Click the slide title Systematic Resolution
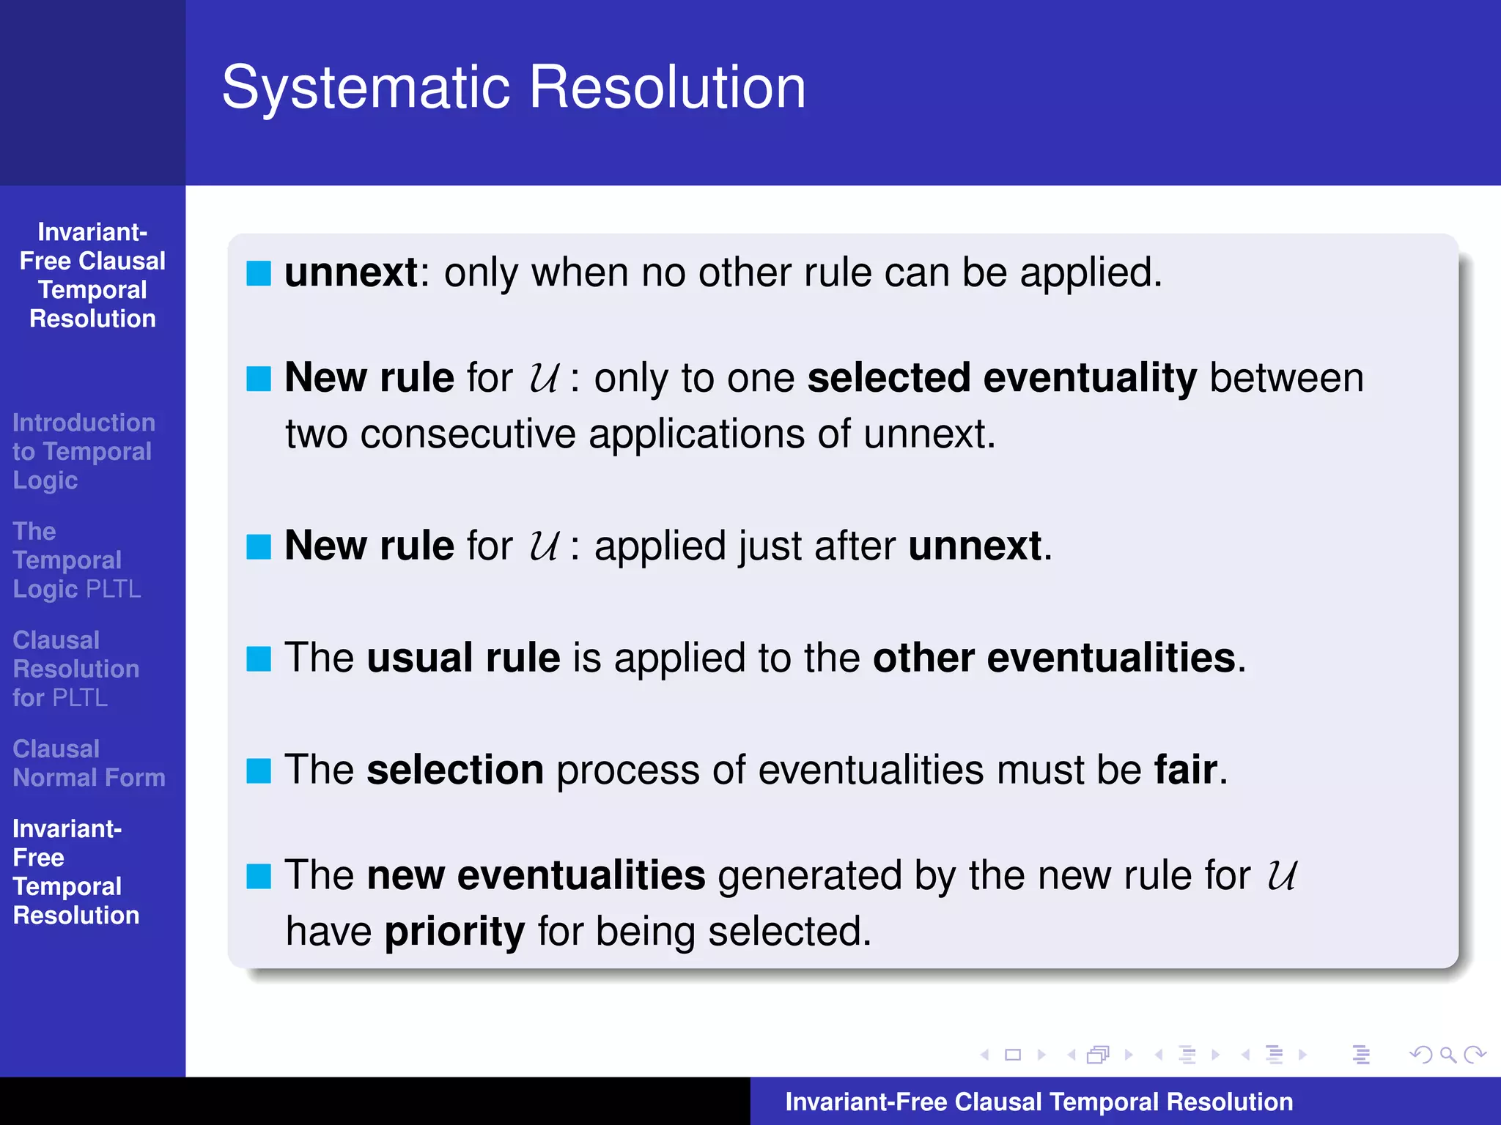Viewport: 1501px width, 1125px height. click(513, 87)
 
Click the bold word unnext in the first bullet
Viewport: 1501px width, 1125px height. click(351, 272)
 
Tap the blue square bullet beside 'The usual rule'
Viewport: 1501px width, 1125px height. click(259, 658)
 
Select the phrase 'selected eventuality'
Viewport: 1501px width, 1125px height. click(1001, 378)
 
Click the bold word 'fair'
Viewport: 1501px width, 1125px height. click(1185, 770)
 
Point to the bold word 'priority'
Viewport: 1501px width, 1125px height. click(454, 932)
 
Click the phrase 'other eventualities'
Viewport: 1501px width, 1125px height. click(1054, 658)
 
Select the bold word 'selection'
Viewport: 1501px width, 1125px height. click(454, 770)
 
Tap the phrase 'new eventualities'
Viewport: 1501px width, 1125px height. click(536, 875)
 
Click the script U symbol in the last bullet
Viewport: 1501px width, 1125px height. click(1281, 875)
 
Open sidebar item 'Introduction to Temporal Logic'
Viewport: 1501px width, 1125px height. click(83, 451)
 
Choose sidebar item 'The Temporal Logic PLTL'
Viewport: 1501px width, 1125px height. click(76, 560)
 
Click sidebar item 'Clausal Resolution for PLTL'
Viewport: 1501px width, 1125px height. click(75, 669)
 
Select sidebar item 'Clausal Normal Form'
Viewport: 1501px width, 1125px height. click(88, 763)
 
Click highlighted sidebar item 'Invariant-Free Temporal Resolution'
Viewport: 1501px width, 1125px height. click(75, 872)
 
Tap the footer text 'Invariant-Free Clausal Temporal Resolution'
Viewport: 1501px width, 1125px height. click(1039, 1102)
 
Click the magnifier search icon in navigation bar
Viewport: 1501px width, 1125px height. click(1447, 1055)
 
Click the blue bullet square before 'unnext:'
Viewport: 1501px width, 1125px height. click(259, 273)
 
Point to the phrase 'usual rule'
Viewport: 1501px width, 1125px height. click(463, 658)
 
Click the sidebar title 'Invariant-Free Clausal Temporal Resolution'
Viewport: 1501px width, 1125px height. click(92, 275)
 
